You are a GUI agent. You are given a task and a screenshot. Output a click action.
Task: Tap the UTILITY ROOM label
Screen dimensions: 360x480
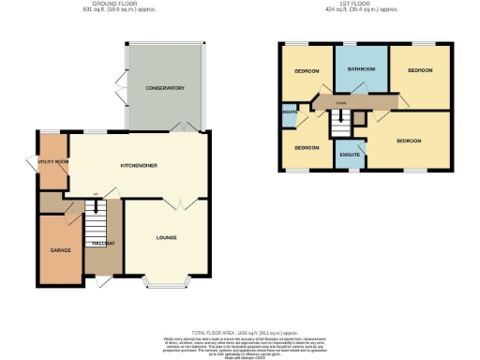(x=52, y=162)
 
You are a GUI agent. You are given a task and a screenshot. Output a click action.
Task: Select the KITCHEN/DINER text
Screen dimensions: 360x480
(x=138, y=165)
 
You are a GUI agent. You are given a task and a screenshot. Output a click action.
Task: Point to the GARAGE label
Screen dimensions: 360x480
(x=61, y=250)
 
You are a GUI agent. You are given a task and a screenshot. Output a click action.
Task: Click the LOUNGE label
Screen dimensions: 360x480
(x=166, y=237)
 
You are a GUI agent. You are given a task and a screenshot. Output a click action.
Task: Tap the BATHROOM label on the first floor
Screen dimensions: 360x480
(x=361, y=70)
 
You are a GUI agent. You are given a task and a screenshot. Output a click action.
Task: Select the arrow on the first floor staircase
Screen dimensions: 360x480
(x=344, y=116)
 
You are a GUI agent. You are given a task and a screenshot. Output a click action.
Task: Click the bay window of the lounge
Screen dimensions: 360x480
(x=167, y=281)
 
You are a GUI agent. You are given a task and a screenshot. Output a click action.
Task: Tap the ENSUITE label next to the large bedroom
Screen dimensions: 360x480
(x=350, y=153)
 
